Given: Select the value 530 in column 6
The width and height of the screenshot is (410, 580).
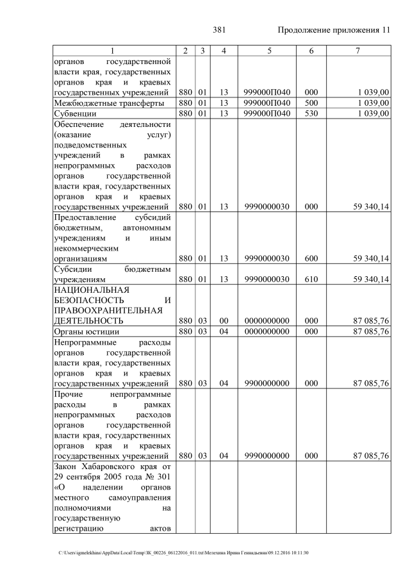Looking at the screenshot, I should (311, 114).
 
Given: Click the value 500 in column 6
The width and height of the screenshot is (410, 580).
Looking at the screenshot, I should (311, 103).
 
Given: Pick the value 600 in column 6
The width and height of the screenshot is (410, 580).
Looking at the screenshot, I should (311, 259).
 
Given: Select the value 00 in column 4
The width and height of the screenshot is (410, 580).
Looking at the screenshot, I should (224, 321).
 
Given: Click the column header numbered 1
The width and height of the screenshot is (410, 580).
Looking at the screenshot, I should (111, 51).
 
